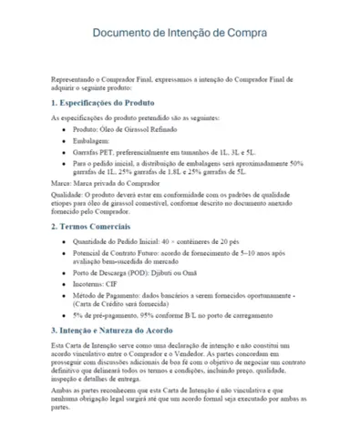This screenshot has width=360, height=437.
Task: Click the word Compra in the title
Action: click(246, 34)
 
